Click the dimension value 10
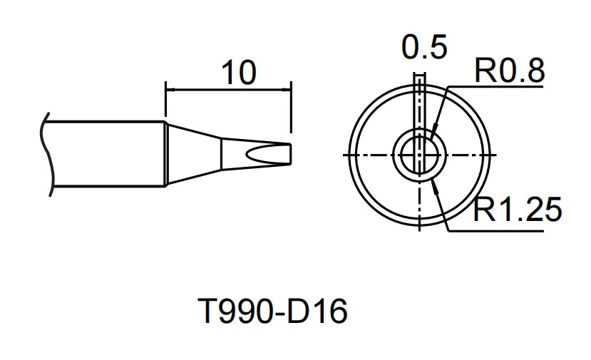tap(238, 73)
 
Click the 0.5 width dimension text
tap(424, 48)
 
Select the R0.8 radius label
tap(510, 71)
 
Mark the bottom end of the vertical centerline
tap(420, 230)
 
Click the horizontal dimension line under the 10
tap(228, 90)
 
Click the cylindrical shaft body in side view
tap(107, 154)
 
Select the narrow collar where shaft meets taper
tap(167, 154)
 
